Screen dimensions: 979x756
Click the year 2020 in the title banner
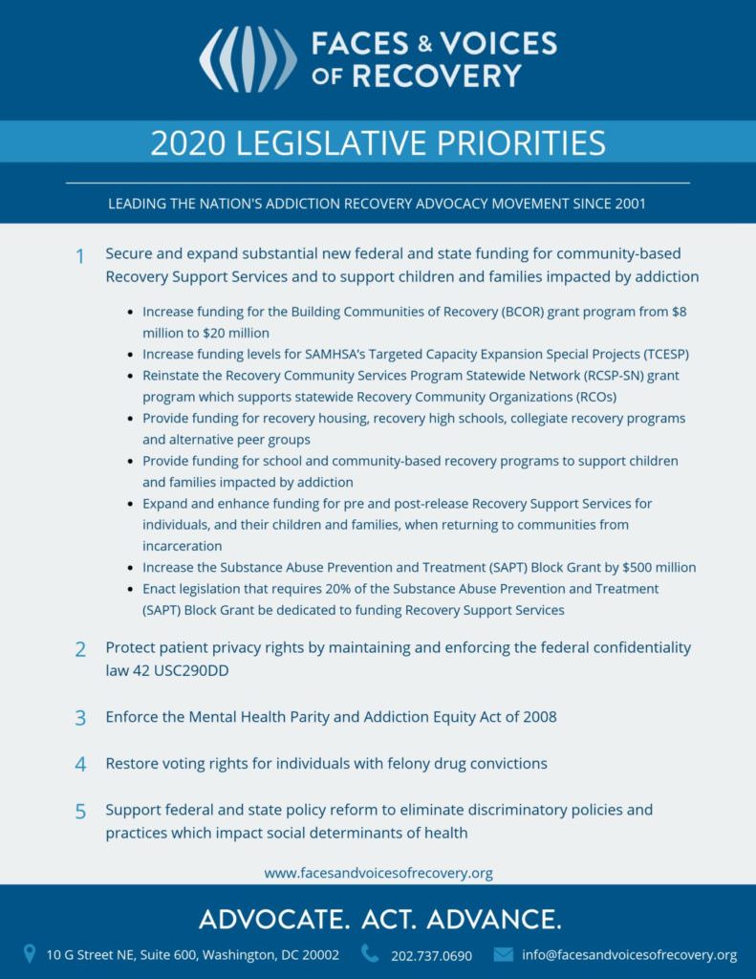(x=187, y=142)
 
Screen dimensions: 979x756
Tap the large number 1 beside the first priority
(x=81, y=257)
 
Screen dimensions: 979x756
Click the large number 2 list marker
(x=81, y=650)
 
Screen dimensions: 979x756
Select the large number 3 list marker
(x=81, y=718)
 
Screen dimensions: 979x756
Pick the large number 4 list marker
(x=81, y=765)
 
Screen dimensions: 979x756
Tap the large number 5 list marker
(x=81, y=812)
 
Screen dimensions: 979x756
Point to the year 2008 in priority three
(x=539, y=717)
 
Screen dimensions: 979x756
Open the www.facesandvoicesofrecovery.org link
(x=378, y=873)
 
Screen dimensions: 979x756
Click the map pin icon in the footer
(x=29, y=953)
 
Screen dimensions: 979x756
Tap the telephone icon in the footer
(x=370, y=953)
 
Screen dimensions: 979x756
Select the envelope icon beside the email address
(x=504, y=954)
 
